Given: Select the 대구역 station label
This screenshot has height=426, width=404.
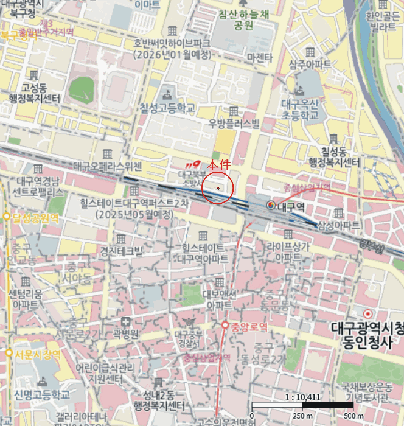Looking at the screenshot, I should [290, 207].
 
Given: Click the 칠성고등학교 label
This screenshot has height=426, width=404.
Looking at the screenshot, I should [167, 108].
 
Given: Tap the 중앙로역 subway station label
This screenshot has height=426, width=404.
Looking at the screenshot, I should [248, 326].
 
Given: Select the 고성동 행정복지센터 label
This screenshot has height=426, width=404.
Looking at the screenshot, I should [35, 93].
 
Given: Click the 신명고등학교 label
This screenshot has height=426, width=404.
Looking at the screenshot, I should [42, 394].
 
